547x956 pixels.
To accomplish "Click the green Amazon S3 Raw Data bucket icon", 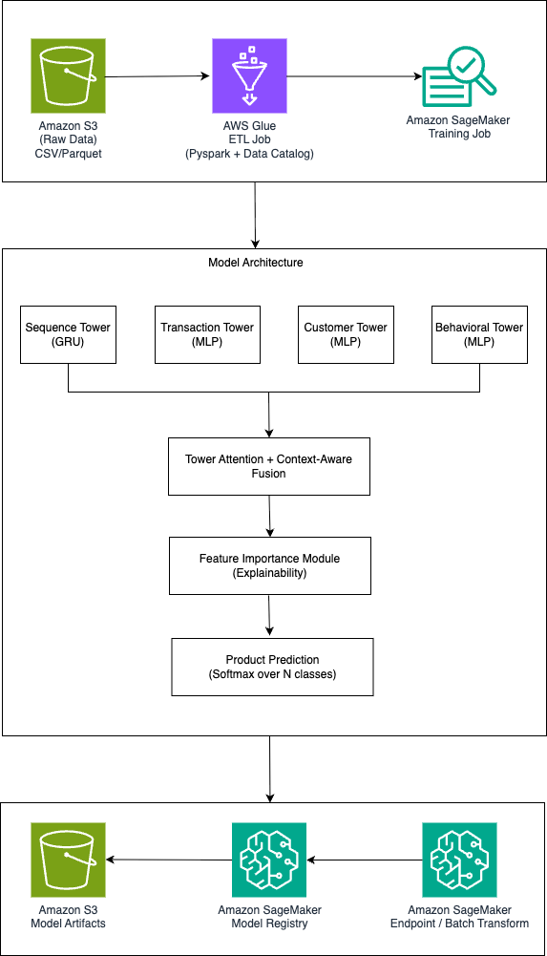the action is coord(68,75).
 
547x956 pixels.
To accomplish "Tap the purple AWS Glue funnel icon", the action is coord(249,75).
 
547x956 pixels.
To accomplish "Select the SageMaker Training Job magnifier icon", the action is coord(459,76).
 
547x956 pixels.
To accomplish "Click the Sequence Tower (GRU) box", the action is coord(68,334).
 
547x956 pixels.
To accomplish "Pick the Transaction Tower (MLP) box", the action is coord(207,334).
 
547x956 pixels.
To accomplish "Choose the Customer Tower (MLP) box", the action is coord(346,334).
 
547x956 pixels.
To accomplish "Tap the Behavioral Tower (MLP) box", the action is coord(479,334).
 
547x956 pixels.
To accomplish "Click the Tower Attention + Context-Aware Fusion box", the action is coord(268,466).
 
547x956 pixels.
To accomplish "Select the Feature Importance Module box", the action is coord(270,565).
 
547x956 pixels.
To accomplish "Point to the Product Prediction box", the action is coord(272,667).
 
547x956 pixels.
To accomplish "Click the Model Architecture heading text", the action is coord(256,263).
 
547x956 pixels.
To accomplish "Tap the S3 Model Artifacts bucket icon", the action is coord(68,860).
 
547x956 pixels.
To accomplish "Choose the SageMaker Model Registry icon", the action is coord(269,860).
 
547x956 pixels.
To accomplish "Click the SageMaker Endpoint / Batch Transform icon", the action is coord(459,860).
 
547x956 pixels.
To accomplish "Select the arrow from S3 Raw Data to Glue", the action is coord(158,76).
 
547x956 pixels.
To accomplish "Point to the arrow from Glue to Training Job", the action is coord(354,76).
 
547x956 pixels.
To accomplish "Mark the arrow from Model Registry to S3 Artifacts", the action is coord(169,860).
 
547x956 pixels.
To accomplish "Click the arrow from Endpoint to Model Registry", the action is coord(365,860).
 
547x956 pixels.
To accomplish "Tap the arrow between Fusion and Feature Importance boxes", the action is coord(268,516).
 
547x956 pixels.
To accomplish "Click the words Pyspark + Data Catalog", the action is coord(250,155).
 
